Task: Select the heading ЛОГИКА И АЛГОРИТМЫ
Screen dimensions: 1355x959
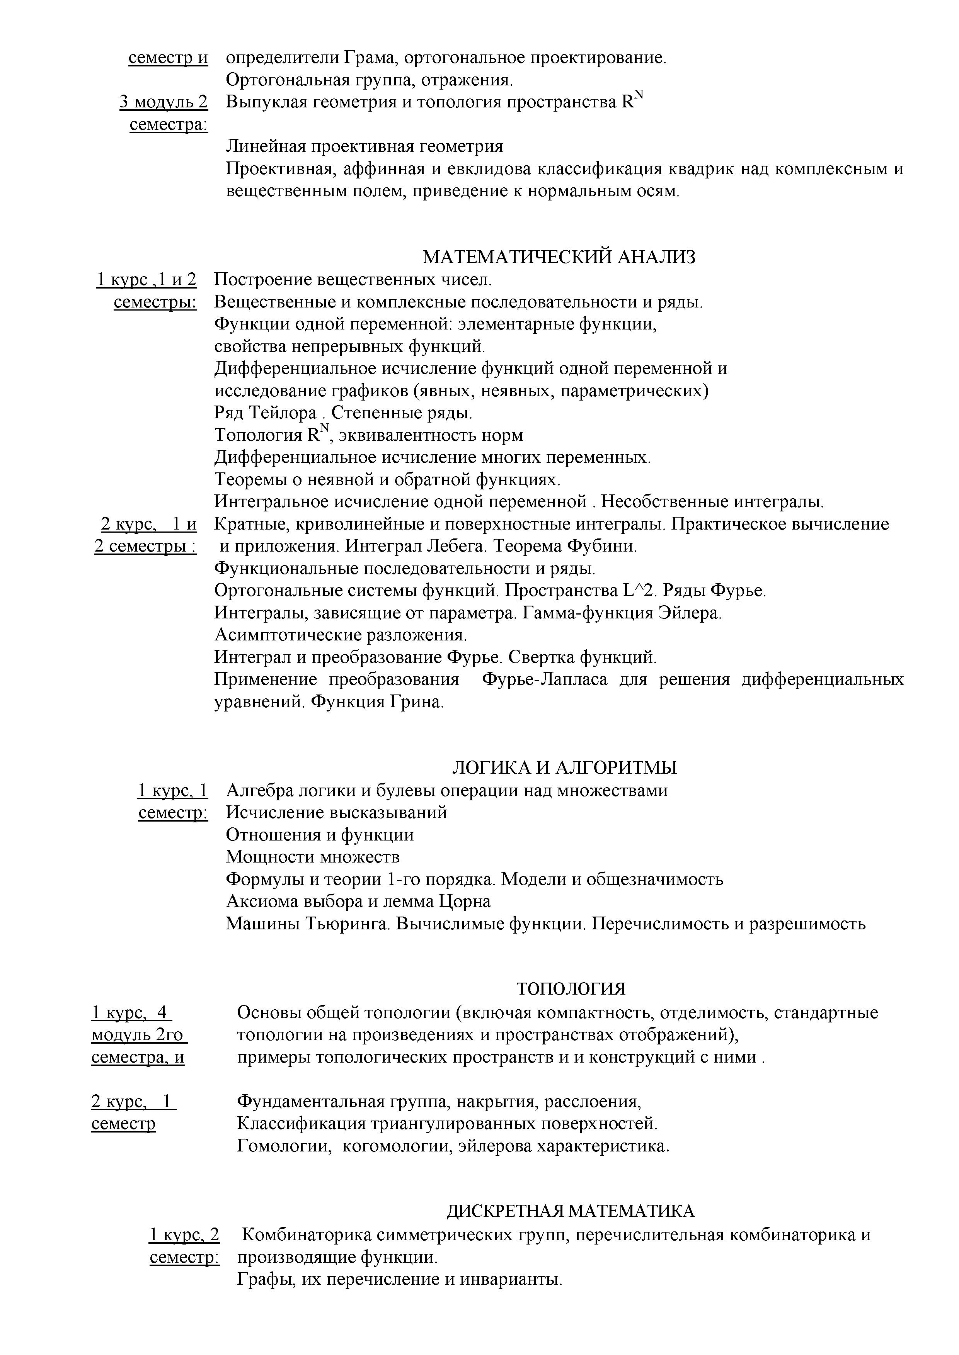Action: coord(564,768)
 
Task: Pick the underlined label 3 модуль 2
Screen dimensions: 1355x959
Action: coord(164,103)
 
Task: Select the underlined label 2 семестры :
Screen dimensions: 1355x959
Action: coord(145,547)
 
